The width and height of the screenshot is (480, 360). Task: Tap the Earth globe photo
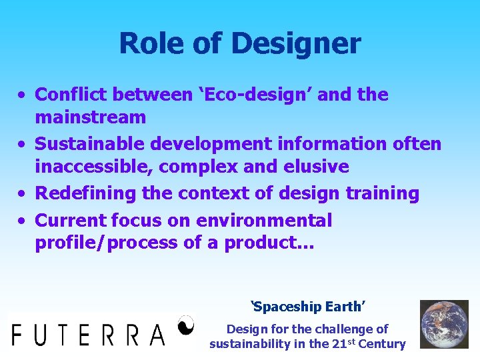[x=444, y=324]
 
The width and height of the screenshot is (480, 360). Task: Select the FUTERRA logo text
[x=88, y=333]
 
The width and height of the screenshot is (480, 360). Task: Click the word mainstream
[x=90, y=118]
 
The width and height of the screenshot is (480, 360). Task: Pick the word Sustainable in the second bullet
[x=90, y=143]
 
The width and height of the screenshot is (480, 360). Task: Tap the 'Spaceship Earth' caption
[x=307, y=307]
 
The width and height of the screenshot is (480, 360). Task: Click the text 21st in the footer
[x=337, y=343]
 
